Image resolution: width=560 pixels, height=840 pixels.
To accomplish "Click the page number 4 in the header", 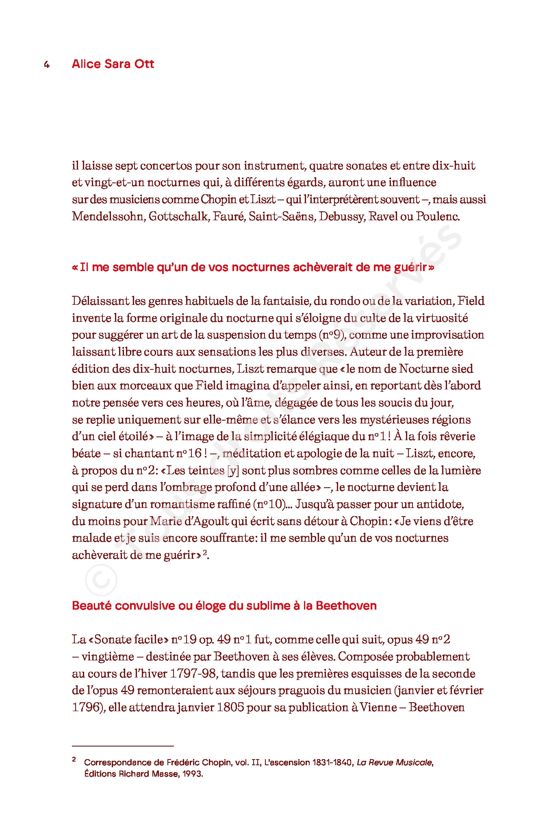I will tap(47, 65).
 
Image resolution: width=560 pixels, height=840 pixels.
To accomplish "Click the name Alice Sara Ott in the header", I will tap(113, 64).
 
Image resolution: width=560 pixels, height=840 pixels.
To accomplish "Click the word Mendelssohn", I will tap(108, 216).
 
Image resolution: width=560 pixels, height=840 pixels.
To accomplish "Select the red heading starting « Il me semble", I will tap(253, 267).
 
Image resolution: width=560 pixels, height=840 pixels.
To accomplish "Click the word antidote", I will tap(442, 504).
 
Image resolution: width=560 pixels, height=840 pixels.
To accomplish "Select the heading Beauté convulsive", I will tap(224, 606).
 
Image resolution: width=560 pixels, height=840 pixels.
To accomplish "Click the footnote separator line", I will tap(123, 746).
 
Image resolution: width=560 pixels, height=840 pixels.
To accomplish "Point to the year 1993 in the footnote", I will tap(192, 774).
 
